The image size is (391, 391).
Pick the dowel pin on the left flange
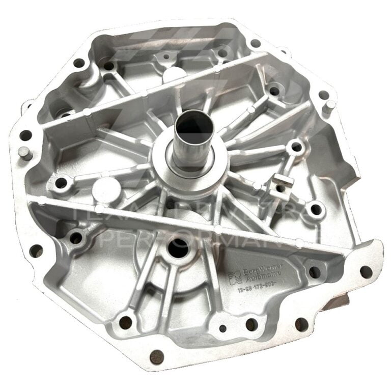[26, 152]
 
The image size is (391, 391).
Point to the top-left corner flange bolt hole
[79, 63]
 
